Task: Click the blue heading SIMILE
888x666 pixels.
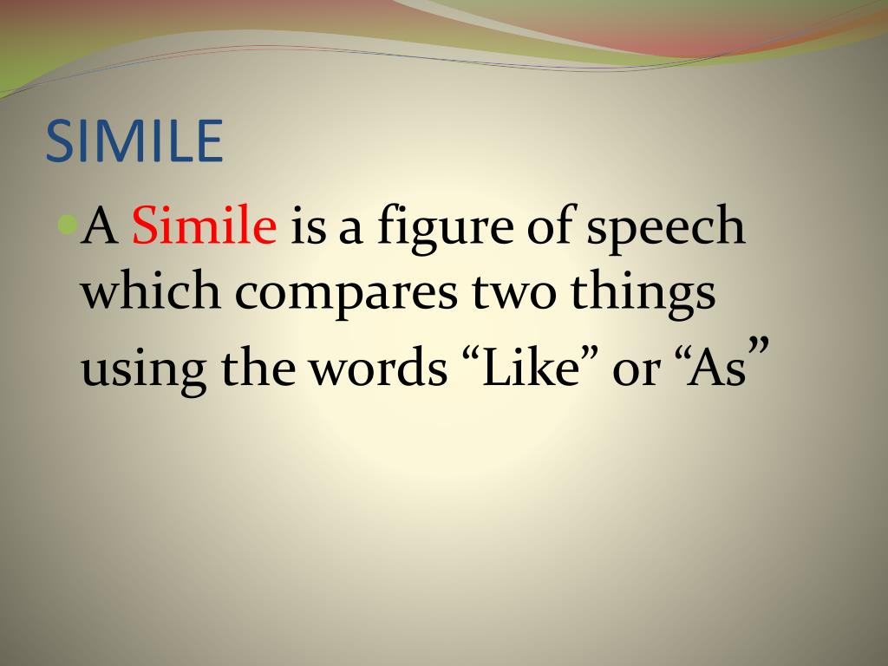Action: click(x=134, y=141)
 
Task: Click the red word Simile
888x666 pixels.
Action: click(x=204, y=227)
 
